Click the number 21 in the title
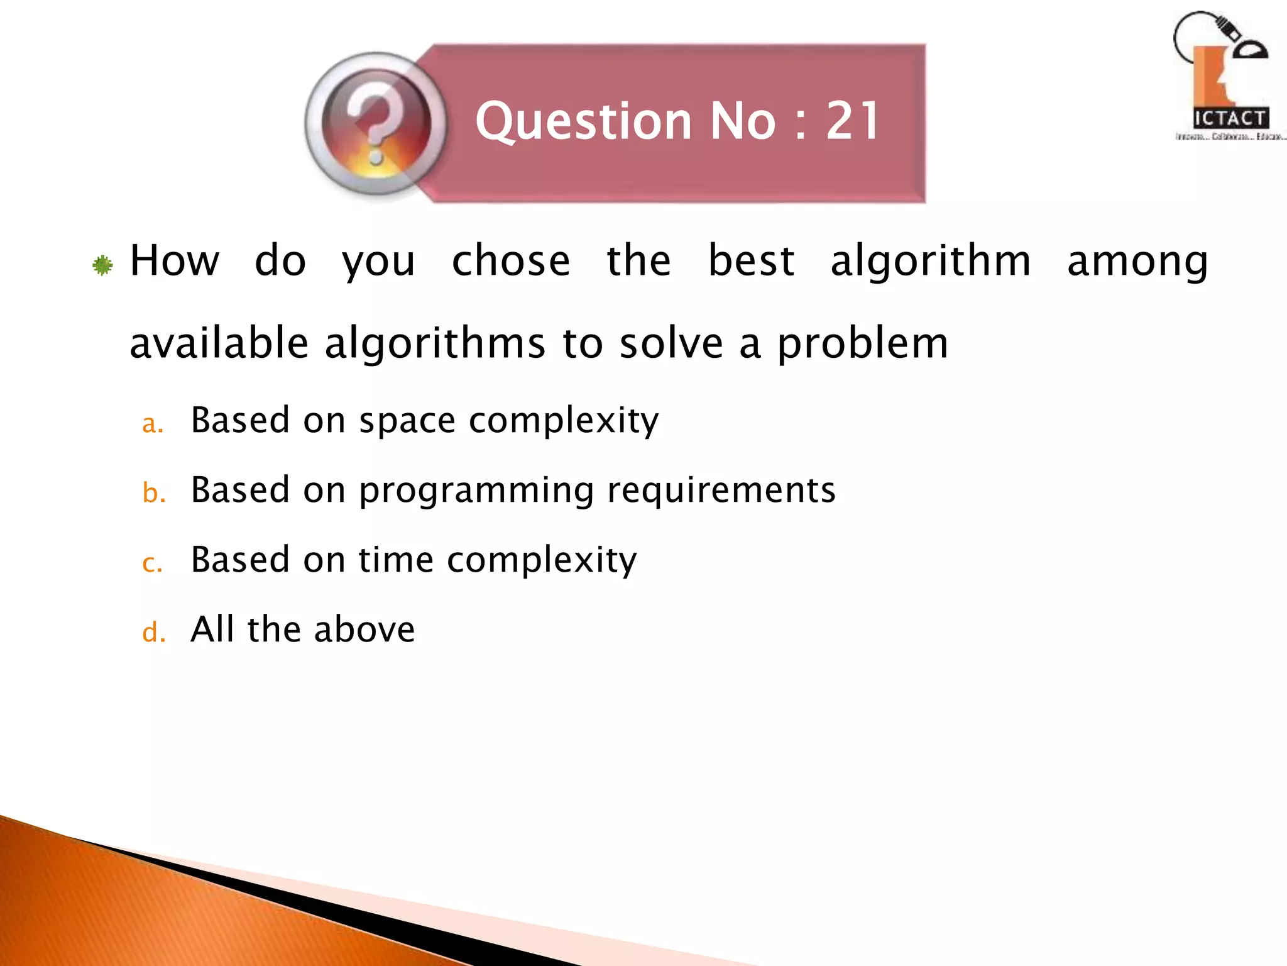coord(853,121)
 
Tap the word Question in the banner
coord(584,122)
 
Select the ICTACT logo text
coord(1230,118)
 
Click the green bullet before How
coord(102,265)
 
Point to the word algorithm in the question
coord(931,261)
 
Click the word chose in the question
coord(511,261)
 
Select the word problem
coord(863,345)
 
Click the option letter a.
coord(152,424)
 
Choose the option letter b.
coord(153,492)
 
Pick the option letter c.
coord(152,563)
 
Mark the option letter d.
coord(153,632)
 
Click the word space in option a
coord(407,421)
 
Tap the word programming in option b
coord(476,491)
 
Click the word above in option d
coord(364,629)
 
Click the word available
coord(219,343)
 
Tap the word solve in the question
coord(671,343)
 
